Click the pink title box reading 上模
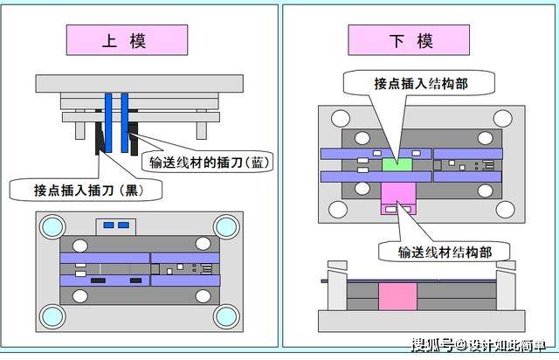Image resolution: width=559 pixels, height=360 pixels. click(127, 40)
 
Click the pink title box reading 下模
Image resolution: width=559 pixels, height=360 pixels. click(409, 40)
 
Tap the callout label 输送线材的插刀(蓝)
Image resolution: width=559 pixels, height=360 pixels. click(208, 163)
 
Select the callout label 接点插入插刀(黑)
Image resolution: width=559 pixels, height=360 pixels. click(86, 190)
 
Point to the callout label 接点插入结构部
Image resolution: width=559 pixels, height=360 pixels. click(419, 83)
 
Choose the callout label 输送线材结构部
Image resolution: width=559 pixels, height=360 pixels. click(445, 252)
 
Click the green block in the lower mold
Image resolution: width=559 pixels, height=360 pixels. click(397, 165)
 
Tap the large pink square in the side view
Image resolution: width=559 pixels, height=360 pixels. click(397, 296)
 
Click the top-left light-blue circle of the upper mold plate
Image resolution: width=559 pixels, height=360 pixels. click(52, 226)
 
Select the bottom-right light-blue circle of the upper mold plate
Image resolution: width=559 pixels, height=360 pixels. click(226, 316)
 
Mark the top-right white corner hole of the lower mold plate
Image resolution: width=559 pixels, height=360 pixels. click(503, 119)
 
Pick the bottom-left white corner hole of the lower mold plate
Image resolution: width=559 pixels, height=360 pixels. click(338, 210)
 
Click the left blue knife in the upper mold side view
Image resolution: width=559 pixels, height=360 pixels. click(108, 122)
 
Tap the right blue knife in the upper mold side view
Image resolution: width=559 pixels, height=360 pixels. click(124, 122)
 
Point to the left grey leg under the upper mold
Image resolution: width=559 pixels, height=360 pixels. click(80, 130)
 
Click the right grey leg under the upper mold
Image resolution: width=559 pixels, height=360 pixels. click(202, 130)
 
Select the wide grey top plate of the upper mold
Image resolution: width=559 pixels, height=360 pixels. click(140, 84)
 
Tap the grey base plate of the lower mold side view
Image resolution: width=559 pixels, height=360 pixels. click(421, 321)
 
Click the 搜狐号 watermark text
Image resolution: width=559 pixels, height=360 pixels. click(432, 344)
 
